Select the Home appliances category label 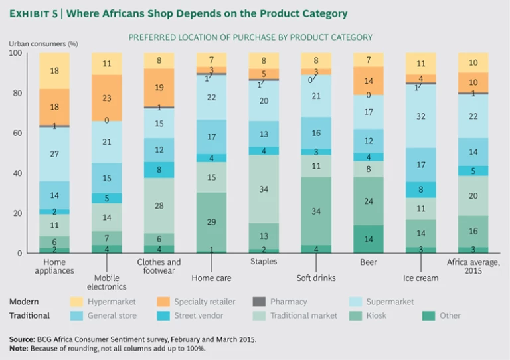coord(54,266)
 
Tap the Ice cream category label coord(422,278)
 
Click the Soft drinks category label coord(317,278)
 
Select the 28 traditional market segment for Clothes coord(159,205)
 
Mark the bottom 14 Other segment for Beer coord(369,239)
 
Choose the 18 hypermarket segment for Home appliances coord(54,71)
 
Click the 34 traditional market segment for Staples coord(264,189)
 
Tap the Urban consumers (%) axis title coord(43,44)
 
